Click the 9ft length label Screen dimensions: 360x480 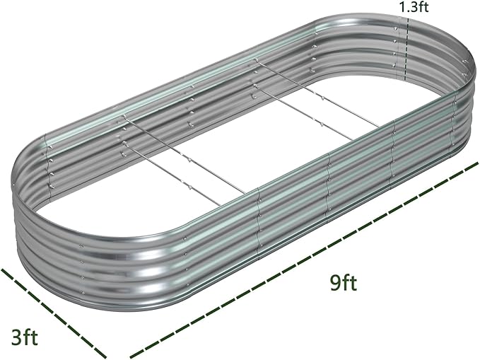[342, 284]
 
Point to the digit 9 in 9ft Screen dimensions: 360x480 [333, 284]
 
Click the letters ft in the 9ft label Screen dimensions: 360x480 [349, 284]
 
